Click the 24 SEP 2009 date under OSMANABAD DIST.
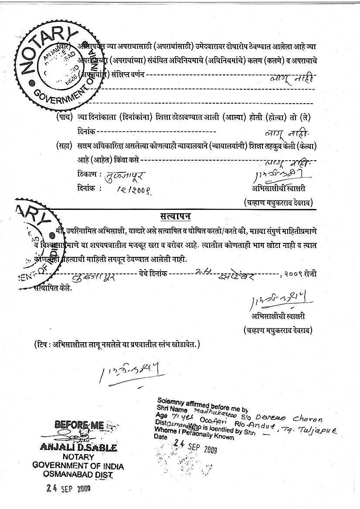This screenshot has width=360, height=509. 68,489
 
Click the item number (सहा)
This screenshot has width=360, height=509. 64,146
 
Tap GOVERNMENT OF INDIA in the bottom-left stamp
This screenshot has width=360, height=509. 78,466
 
